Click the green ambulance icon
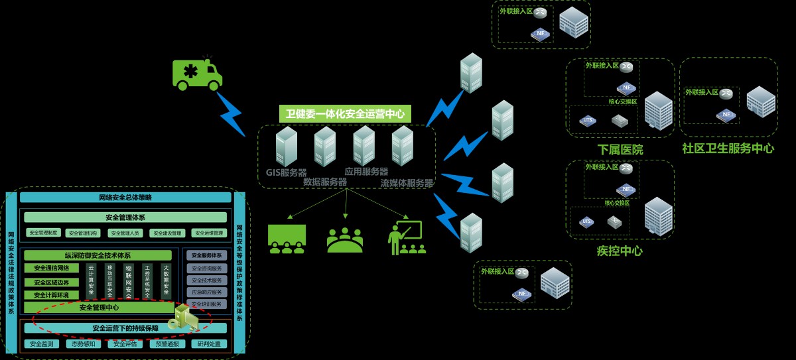click(x=197, y=74)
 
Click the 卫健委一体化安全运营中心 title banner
click(x=345, y=113)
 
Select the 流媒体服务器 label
click(x=407, y=183)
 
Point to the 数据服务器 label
click(x=325, y=182)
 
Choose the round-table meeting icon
click(x=345, y=240)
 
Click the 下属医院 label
click(x=620, y=149)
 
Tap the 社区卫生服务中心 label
click(x=728, y=148)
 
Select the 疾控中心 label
click(x=620, y=251)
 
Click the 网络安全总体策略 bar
click(x=125, y=198)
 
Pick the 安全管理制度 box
click(x=44, y=233)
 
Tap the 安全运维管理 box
click(x=208, y=233)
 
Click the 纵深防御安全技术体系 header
click(x=98, y=255)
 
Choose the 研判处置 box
click(x=208, y=344)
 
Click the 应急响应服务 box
click(x=206, y=292)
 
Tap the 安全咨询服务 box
click(x=206, y=269)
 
